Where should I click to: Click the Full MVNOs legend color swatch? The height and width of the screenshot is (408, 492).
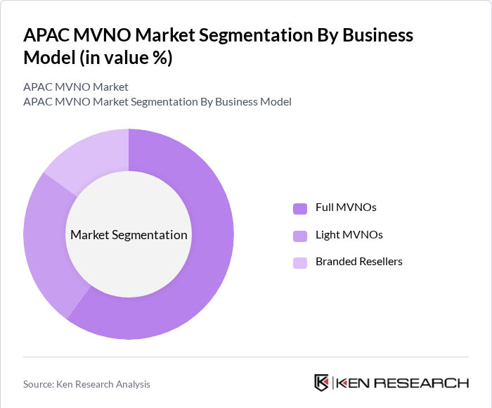(300, 208)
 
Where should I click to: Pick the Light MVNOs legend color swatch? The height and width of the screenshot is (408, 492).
(300, 235)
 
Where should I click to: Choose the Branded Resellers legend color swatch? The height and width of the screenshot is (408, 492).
(300, 262)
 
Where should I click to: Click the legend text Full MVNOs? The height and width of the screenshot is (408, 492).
(346, 208)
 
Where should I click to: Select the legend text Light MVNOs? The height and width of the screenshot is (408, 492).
(349, 234)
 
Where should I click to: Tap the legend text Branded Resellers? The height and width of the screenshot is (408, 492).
(358, 262)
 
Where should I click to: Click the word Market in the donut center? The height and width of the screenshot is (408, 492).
(90, 235)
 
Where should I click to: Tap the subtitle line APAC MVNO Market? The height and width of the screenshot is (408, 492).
(76, 87)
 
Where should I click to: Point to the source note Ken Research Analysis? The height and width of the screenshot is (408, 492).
(105, 384)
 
